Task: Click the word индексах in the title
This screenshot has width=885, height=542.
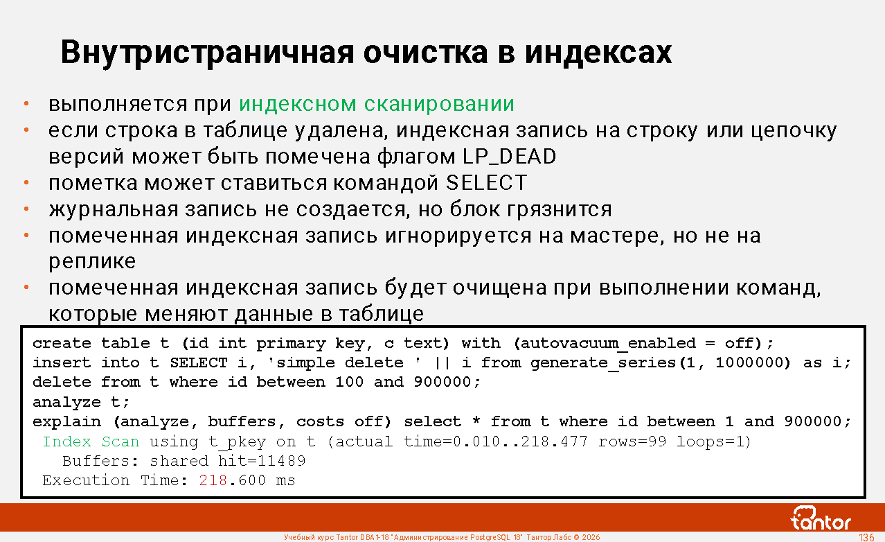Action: coord(598,53)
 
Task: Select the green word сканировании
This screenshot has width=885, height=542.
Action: coord(439,104)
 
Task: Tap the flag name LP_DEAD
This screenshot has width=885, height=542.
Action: coord(509,156)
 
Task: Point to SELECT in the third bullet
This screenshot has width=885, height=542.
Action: coord(486,183)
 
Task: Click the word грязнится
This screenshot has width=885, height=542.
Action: coord(560,209)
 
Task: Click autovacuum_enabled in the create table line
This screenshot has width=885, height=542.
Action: coord(608,344)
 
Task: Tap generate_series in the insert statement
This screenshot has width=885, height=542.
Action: coord(603,363)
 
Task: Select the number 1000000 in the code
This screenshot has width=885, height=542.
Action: coord(749,362)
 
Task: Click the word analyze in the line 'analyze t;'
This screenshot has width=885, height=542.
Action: coord(66,403)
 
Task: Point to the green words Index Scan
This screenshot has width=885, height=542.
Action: coord(91,442)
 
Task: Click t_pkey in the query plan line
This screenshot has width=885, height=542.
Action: coord(238,442)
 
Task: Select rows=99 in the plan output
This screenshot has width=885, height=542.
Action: coord(632,442)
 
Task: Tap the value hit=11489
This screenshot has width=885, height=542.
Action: coord(262,461)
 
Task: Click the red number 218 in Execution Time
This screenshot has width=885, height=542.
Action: coord(213,480)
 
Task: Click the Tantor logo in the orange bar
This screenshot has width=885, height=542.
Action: coord(820,518)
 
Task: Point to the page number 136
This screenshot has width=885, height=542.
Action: coord(866,537)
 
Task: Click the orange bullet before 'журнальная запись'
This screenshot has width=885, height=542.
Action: coord(26,209)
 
